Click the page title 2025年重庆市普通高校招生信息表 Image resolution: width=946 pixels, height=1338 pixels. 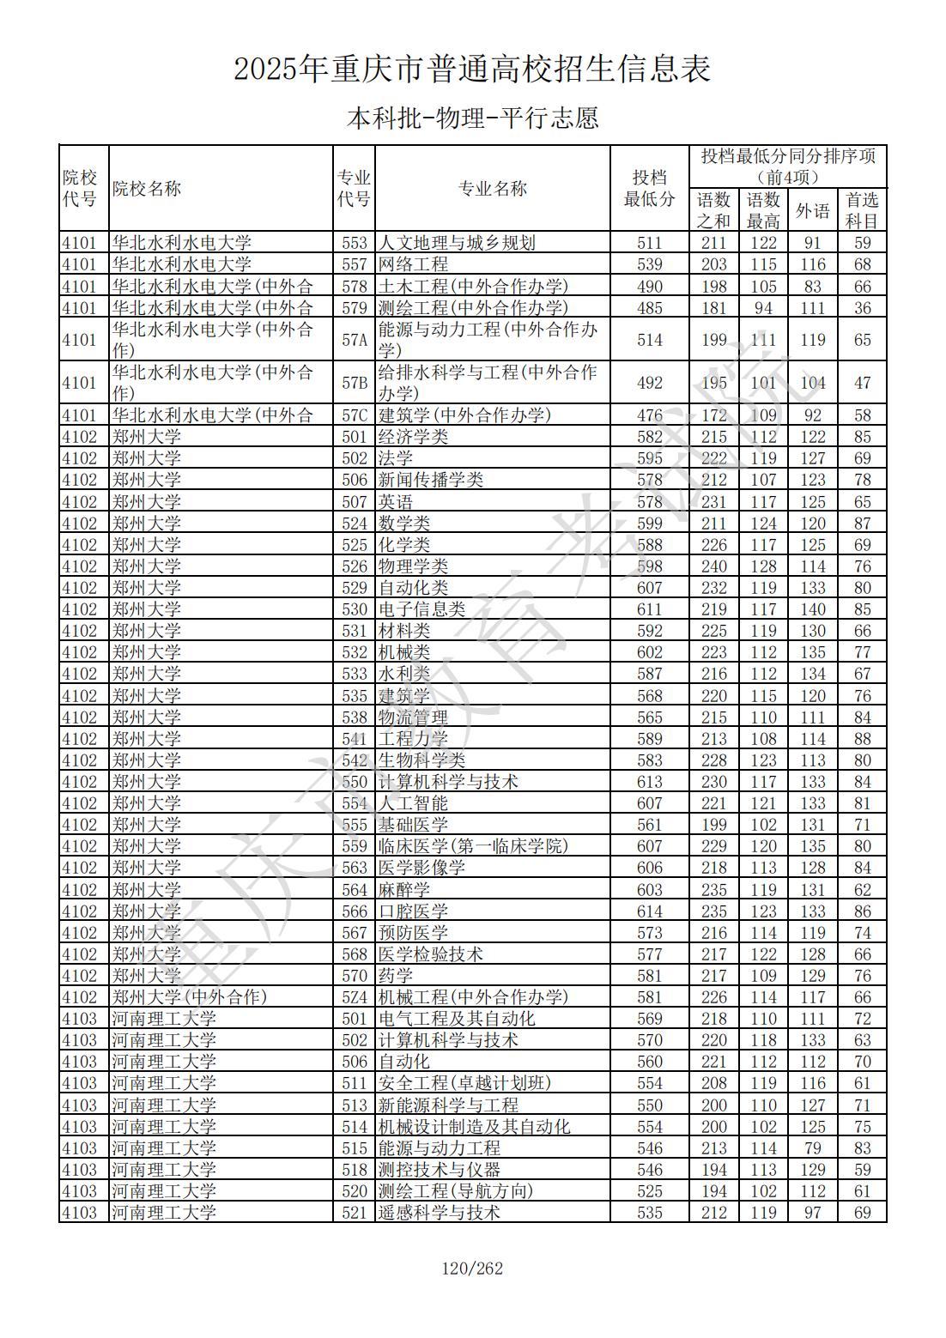tap(472, 70)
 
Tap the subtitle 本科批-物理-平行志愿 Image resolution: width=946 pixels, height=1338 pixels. tap(472, 118)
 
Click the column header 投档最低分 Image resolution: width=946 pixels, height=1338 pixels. tap(649, 189)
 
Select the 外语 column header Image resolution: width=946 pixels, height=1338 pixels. tap(812, 210)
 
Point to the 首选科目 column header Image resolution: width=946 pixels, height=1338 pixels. tap(862, 210)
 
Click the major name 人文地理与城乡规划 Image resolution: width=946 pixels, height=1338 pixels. tap(457, 243)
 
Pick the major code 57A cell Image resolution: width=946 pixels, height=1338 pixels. tap(354, 340)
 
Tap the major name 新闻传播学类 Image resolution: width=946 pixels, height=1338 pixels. tap(431, 480)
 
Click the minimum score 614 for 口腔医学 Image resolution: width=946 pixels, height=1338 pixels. tap(649, 911)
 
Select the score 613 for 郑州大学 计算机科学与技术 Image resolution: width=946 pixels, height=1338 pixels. tap(649, 782)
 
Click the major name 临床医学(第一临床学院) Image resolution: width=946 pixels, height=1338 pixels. tap(473, 846)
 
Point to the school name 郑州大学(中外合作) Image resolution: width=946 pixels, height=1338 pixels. tap(190, 997)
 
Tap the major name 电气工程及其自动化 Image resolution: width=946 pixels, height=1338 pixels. tap(457, 1019)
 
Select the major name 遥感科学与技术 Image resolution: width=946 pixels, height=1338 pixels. tap(440, 1213)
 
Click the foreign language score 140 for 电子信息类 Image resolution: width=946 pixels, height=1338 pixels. tap(812, 609)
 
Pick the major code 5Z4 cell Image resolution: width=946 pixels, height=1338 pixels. tap(354, 997)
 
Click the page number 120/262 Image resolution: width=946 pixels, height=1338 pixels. tap(472, 1268)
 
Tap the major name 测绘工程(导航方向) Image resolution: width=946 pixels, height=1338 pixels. tap(456, 1191)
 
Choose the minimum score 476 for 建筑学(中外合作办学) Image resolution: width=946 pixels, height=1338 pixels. tap(649, 415)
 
